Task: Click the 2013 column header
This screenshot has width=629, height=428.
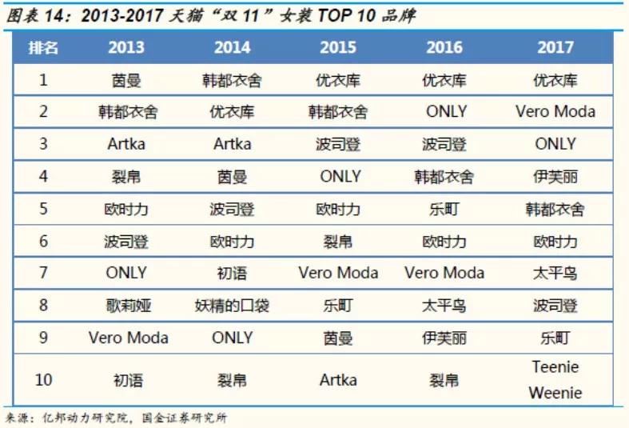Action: (126, 47)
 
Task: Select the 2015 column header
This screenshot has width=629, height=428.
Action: (338, 47)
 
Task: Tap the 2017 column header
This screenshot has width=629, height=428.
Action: (555, 47)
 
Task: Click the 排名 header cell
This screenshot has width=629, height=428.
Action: (44, 47)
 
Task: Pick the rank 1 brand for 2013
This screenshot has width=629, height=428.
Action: (126, 80)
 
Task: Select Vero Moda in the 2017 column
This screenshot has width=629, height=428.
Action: (555, 112)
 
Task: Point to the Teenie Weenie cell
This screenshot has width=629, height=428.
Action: (555, 380)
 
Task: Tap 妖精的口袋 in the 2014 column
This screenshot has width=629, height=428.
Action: (232, 306)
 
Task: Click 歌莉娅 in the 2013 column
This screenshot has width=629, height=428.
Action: (126, 306)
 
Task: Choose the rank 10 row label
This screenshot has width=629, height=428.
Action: (44, 380)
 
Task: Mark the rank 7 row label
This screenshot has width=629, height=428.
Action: (44, 273)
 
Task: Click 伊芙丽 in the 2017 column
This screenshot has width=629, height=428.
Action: (555, 177)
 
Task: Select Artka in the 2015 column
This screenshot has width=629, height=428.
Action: (338, 380)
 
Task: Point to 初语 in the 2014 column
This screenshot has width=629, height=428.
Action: (232, 273)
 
